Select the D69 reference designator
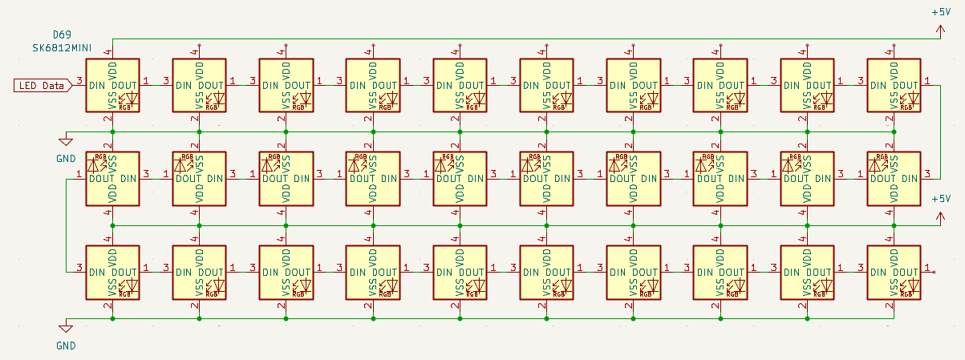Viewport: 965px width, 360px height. pyautogui.click(x=61, y=35)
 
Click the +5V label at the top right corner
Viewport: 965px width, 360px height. pyautogui.click(x=941, y=12)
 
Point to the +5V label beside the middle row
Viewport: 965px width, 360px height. pyautogui.click(x=940, y=199)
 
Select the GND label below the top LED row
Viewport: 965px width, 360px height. pyautogui.click(x=66, y=158)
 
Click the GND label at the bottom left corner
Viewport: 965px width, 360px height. pyautogui.click(x=66, y=346)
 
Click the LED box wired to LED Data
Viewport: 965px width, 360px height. pyautogui.click(x=113, y=85)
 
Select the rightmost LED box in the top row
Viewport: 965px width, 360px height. pyautogui.click(x=894, y=85)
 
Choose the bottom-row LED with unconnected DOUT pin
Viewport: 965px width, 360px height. pyautogui.click(x=894, y=273)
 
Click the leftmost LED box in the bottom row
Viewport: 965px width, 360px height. pyautogui.click(x=113, y=273)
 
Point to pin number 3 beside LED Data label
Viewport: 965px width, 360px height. pyautogui.click(x=79, y=80)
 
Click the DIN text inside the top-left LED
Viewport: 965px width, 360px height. pyautogui.click(x=97, y=85)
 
